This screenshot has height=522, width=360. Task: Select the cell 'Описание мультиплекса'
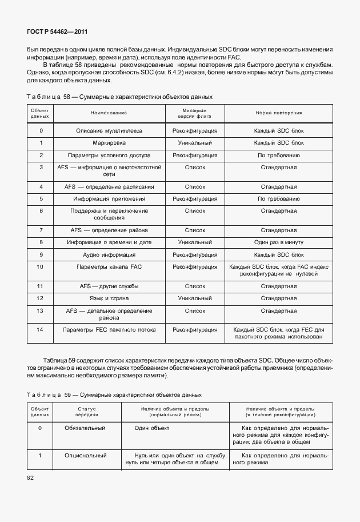pyautogui.click(x=109, y=131)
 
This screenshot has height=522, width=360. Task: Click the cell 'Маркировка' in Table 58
pyautogui.click(x=109, y=143)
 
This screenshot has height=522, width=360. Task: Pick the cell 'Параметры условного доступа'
pyautogui.click(x=109, y=155)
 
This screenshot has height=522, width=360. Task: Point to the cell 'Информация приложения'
pyautogui.click(x=109, y=199)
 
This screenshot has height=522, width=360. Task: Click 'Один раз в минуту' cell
pyautogui.click(x=278, y=242)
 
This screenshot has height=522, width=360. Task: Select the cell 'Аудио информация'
pyautogui.click(x=109, y=254)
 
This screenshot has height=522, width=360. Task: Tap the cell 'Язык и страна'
pyautogui.click(x=109, y=298)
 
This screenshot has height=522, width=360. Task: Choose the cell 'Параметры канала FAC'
pyautogui.click(x=109, y=267)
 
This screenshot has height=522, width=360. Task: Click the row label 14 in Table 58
pyautogui.click(x=40, y=330)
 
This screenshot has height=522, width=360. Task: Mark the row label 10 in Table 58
pyautogui.click(x=40, y=267)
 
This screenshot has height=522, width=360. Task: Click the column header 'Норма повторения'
pyautogui.click(x=278, y=113)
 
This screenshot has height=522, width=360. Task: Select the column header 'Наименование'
pyautogui.click(x=109, y=113)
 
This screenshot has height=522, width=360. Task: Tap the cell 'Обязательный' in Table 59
pyautogui.click(x=86, y=428)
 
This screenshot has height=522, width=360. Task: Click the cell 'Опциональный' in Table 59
pyautogui.click(x=86, y=456)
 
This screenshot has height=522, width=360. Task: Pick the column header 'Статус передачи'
pyautogui.click(x=86, y=412)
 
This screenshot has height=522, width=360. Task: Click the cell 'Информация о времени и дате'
pyautogui.click(x=109, y=242)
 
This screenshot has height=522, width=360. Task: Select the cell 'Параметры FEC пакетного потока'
pyautogui.click(x=109, y=330)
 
